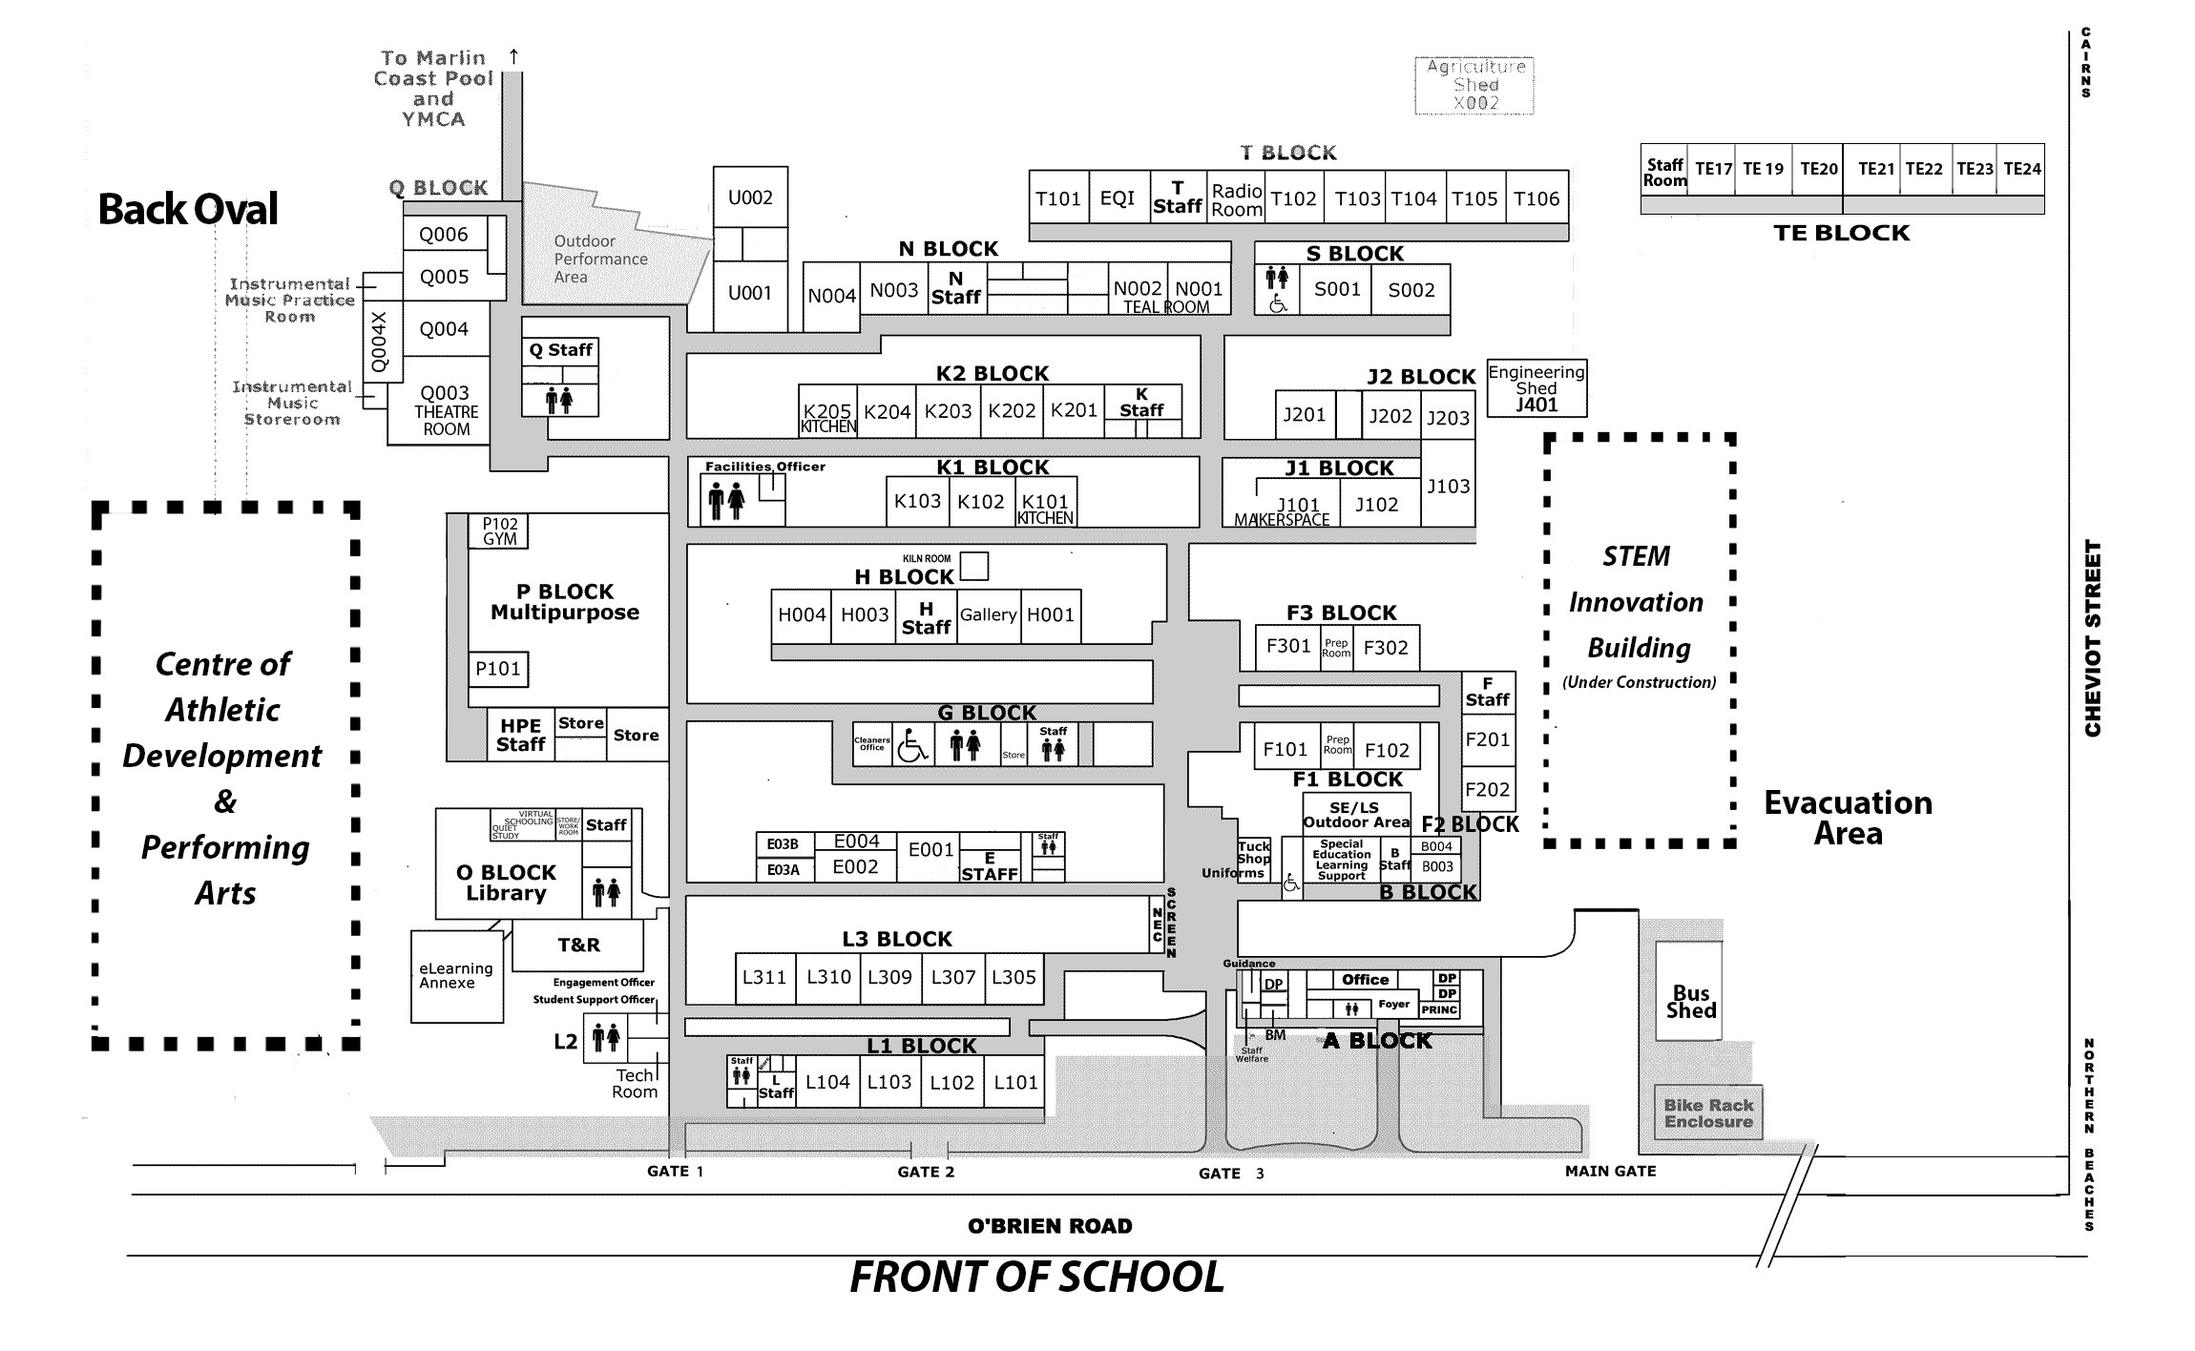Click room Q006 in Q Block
click(445, 235)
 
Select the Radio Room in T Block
click(1237, 199)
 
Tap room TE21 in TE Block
click(1875, 169)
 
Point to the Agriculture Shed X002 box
click(1474, 85)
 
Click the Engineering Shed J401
click(1536, 388)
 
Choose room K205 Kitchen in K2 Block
click(827, 416)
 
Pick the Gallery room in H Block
click(988, 615)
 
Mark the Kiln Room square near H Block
click(973, 566)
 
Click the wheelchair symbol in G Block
click(912, 744)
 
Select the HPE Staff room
click(520, 735)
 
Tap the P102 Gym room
click(499, 531)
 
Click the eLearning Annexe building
click(457, 976)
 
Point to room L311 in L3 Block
click(764, 977)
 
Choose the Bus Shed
click(1690, 1002)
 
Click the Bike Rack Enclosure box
click(1708, 1112)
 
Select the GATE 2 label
click(926, 1172)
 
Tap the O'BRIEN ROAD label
click(1050, 1226)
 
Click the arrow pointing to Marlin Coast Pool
click(513, 57)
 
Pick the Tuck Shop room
click(1254, 853)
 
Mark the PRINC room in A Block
click(1439, 1009)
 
